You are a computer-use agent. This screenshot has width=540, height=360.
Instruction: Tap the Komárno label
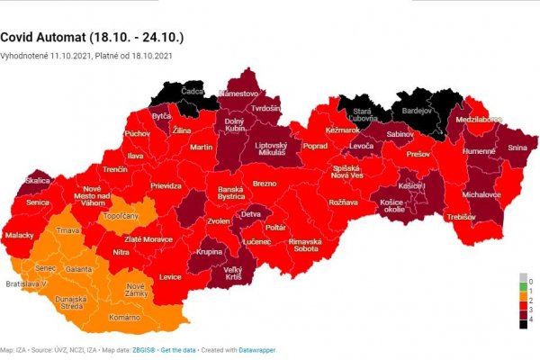(125, 318)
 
